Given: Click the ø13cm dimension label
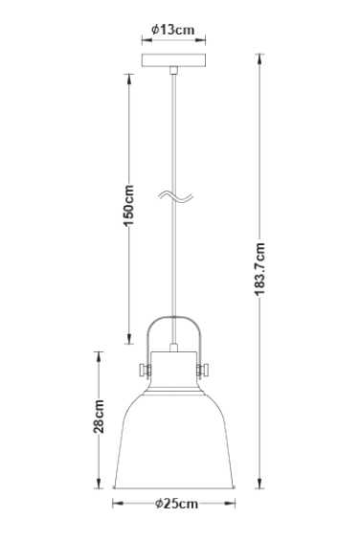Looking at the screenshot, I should [173, 30].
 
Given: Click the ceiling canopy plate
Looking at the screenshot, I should [172, 61].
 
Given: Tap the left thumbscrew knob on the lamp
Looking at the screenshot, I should [144, 369].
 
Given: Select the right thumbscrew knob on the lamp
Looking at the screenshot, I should [203, 369].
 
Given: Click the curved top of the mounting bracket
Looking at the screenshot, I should [173, 320].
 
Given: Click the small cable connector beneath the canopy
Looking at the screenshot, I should [172, 72].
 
